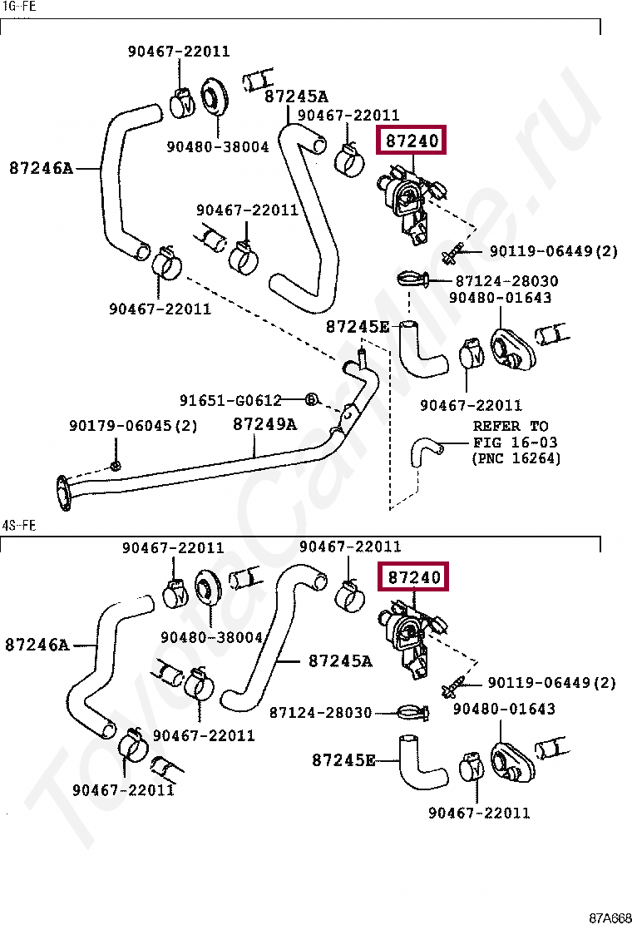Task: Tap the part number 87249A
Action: click(x=264, y=424)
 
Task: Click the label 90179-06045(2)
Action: click(x=133, y=426)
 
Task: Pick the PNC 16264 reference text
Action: click(x=516, y=458)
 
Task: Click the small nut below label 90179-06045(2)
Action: click(x=116, y=462)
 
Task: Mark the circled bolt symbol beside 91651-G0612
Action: click(x=311, y=400)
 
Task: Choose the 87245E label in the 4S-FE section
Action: click(x=343, y=759)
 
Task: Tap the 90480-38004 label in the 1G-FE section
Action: click(x=217, y=147)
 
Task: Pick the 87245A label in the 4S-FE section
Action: click(x=340, y=661)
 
